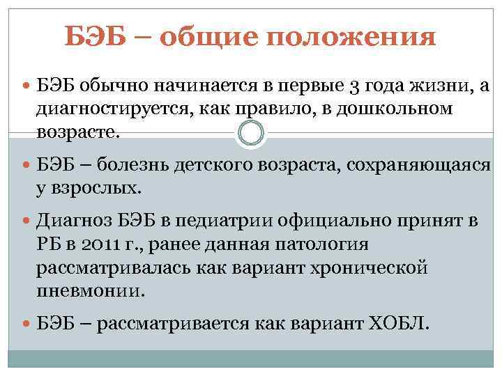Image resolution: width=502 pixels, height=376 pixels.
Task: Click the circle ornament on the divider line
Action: click(251, 132)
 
